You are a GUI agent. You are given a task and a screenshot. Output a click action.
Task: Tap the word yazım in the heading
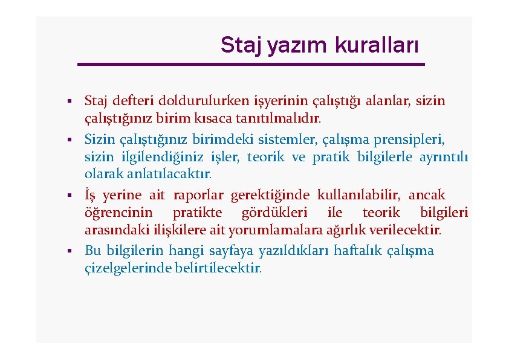[x=293, y=45]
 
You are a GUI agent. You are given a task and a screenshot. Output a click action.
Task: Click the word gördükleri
[x=274, y=213]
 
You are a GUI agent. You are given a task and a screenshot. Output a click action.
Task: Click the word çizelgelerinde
[x=120, y=268]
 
